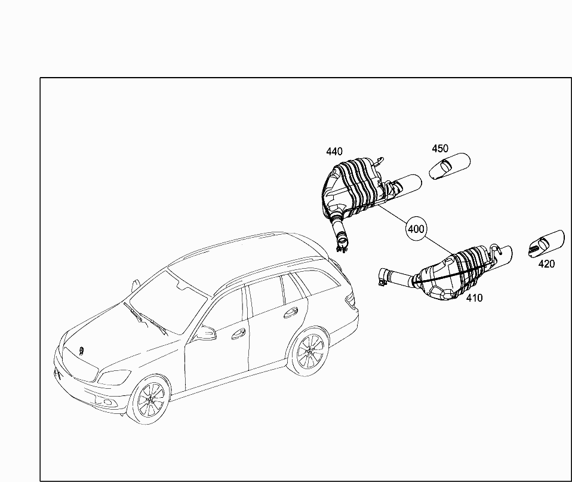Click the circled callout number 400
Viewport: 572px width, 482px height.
point(416,229)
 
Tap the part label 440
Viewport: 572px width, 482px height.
point(334,152)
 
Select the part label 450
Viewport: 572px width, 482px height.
point(440,149)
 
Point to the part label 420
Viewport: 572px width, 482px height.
point(546,264)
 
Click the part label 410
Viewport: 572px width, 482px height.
point(474,297)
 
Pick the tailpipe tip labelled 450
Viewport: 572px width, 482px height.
point(450,166)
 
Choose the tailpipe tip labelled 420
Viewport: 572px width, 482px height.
point(546,244)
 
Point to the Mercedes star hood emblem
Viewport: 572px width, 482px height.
point(81,350)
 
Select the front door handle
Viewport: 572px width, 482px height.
point(239,334)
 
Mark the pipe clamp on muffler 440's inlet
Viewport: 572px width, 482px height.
point(342,242)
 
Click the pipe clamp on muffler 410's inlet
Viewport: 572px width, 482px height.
point(383,277)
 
